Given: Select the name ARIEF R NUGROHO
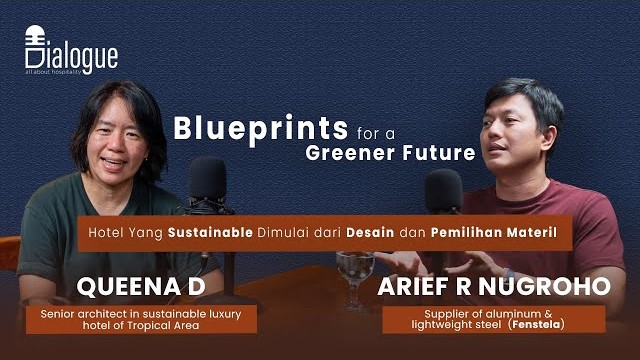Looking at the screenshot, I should [494, 287].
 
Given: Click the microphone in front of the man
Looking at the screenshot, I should [443, 189].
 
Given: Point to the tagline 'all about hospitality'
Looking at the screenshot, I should [64, 75].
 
